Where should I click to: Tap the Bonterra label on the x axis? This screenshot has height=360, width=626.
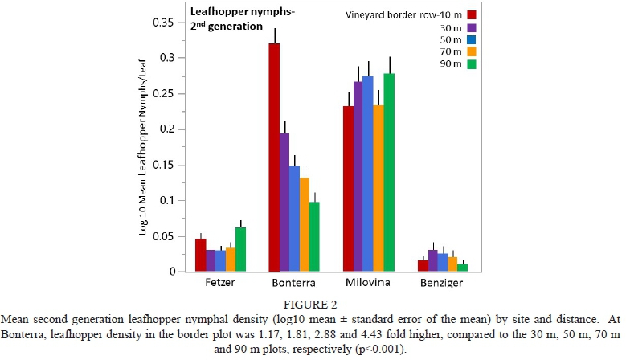(294, 283)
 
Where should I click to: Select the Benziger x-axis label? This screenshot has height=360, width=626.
(442, 283)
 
